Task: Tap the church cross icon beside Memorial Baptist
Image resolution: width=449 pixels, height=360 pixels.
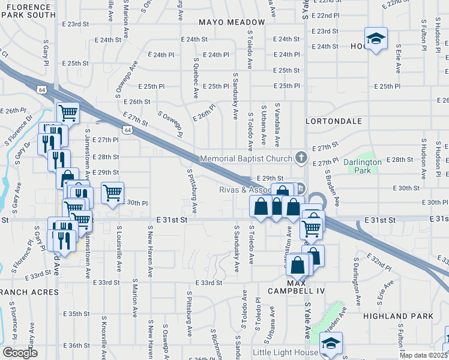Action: (x=301, y=158)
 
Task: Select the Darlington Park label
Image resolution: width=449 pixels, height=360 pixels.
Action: (x=362, y=166)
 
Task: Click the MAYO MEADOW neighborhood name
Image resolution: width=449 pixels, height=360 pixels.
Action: (x=232, y=22)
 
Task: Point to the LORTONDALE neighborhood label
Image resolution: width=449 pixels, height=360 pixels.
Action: (x=334, y=121)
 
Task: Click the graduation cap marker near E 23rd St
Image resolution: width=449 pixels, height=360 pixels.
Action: (x=376, y=40)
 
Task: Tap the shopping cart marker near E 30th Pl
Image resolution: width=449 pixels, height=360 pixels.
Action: (x=112, y=193)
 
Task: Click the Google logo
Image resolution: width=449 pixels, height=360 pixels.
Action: (x=20, y=352)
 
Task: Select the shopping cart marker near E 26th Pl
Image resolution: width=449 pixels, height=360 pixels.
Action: (x=68, y=112)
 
